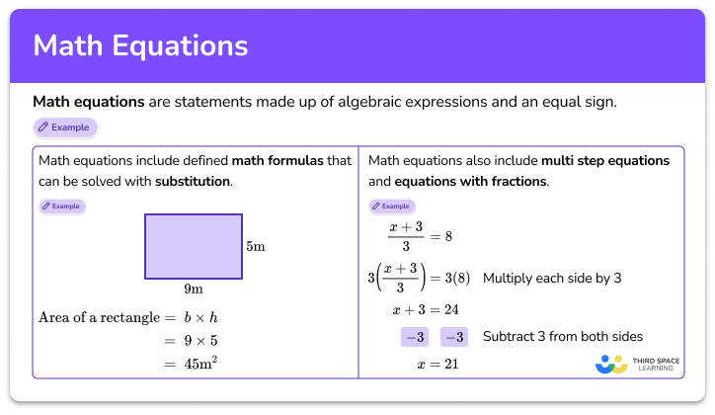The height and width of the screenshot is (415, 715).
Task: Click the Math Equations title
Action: click(140, 46)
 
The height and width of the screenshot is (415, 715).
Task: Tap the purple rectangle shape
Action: click(192, 246)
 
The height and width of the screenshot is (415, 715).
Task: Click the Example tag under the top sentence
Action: click(65, 126)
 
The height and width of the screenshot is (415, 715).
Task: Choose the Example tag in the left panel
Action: click(62, 207)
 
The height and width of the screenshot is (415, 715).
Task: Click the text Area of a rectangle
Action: click(99, 317)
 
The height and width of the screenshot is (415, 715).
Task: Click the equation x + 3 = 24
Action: click(426, 309)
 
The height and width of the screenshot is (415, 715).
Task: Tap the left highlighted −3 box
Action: click(415, 337)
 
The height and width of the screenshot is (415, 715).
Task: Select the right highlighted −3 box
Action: click(454, 337)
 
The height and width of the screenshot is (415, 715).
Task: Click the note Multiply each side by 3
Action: click(551, 279)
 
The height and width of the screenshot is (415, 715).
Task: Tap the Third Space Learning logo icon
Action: click(612, 363)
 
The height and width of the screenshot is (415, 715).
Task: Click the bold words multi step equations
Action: click(605, 160)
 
